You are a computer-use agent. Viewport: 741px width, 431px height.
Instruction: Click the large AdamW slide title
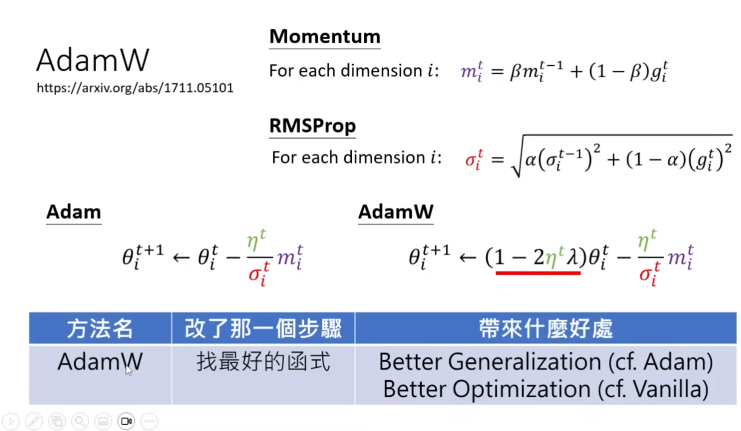tap(93, 60)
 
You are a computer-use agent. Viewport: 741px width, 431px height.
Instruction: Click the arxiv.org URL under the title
tap(135, 88)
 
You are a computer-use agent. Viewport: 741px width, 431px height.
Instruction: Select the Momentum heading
tap(325, 36)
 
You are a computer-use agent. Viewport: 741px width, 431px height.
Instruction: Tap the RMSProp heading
tap(312, 126)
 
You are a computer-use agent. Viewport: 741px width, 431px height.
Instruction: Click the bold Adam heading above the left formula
tap(74, 212)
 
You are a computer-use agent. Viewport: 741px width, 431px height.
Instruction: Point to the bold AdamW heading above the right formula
tap(396, 212)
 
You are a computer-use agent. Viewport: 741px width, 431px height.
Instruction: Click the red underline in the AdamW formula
tap(538, 273)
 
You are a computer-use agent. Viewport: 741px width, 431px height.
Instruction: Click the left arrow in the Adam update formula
tap(181, 257)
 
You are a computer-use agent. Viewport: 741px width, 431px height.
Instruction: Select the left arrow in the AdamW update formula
tap(467, 257)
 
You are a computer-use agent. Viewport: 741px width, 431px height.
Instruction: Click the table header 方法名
tap(100, 329)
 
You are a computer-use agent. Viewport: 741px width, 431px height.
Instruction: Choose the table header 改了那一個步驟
tap(263, 329)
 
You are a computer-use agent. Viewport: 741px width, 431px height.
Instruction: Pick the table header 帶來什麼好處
tap(546, 329)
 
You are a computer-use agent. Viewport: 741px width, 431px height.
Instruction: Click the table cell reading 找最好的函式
tap(263, 362)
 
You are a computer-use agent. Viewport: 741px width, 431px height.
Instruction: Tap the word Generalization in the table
tap(525, 362)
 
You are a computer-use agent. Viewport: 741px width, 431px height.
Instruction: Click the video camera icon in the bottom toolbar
tap(126, 421)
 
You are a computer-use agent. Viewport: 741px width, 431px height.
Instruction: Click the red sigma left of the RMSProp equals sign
tap(474, 159)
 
